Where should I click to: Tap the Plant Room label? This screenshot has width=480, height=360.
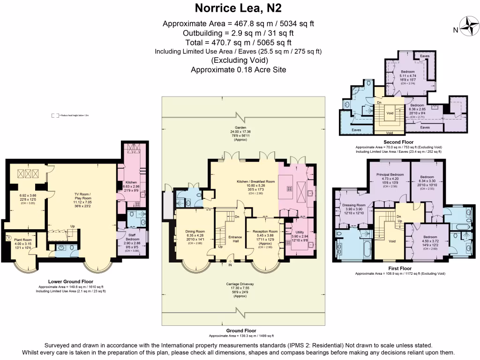22,239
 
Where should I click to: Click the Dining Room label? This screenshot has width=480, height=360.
195,231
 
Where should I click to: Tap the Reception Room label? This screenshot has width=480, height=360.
265,231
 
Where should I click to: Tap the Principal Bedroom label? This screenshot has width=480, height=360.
390,174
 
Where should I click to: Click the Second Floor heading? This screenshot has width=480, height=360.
398,142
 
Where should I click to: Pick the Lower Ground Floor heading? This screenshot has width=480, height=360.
71,281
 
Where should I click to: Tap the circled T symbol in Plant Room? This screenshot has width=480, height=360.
8,238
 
